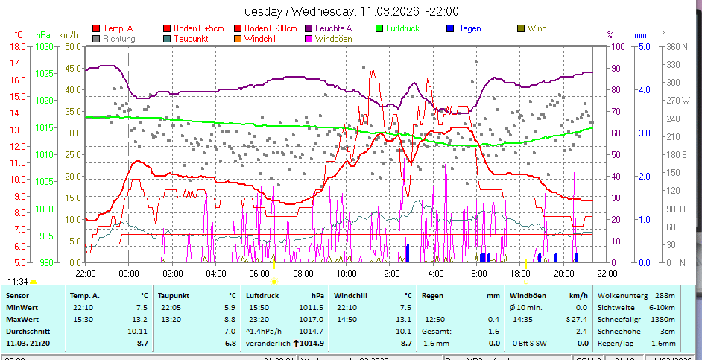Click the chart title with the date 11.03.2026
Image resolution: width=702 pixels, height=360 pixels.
(x=347, y=11)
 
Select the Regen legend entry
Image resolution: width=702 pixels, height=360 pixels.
(x=469, y=28)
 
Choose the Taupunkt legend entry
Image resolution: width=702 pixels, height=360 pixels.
(x=189, y=38)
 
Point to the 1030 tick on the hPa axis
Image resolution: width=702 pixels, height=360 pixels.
(x=45, y=46)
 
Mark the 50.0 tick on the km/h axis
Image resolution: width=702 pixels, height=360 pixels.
(x=72, y=46)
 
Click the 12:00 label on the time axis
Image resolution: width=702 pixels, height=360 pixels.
(x=389, y=273)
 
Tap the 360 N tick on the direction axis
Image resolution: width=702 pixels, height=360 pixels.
(x=675, y=46)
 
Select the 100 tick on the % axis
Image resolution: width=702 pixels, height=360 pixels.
(x=618, y=46)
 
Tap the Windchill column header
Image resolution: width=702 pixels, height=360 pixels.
(x=350, y=295)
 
